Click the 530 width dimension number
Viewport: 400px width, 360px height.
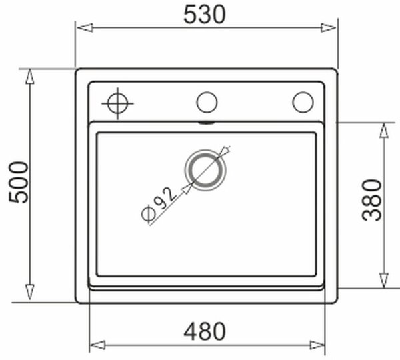click(x=205, y=15)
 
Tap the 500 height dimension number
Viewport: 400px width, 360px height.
click(x=19, y=182)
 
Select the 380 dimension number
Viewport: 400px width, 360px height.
click(x=372, y=200)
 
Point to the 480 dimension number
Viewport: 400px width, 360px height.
click(x=205, y=331)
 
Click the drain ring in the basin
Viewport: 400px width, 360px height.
click(x=205, y=170)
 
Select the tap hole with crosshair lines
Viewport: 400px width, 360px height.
click(x=117, y=103)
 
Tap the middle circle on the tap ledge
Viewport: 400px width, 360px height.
click(x=207, y=102)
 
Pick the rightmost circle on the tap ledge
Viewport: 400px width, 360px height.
click(x=303, y=102)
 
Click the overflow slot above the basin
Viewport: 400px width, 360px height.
click(x=207, y=123)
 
